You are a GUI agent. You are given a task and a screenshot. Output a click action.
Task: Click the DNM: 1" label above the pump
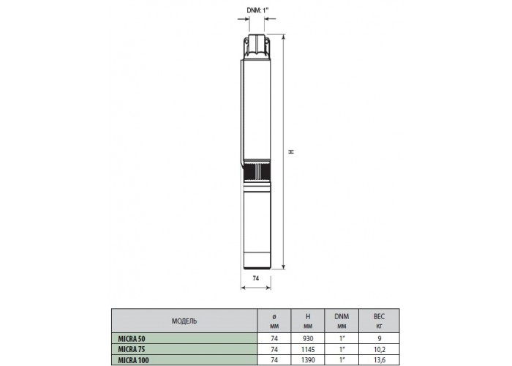pos(257,10)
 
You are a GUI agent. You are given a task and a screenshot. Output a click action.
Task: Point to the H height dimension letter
pos(291,152)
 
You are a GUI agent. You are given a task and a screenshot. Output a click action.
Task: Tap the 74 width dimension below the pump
pos(256,278)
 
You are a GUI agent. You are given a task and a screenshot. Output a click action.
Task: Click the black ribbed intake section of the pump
pos(257,172)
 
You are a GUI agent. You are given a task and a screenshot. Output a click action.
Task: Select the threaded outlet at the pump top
pos(257,45)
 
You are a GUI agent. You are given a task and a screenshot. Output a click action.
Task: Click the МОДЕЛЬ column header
pos(184,321)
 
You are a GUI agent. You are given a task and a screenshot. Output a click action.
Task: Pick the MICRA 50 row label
pos(132,339)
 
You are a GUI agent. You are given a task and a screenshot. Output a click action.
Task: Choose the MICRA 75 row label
pos(131,350)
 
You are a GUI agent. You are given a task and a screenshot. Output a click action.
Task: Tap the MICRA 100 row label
pos(133,360)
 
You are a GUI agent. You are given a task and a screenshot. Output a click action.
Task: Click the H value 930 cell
pos(308,339)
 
